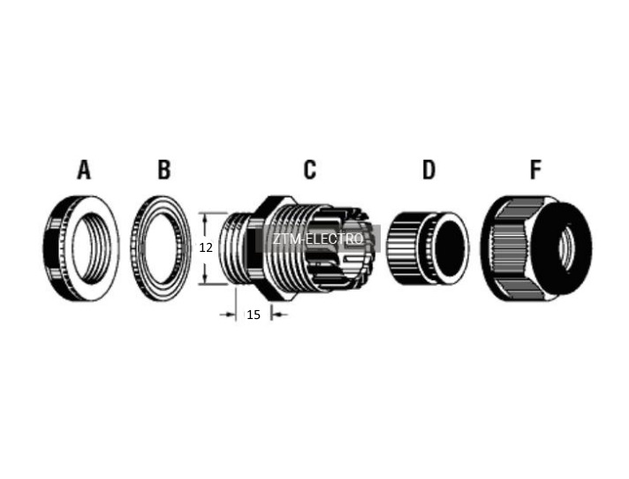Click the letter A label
[x=84, y=170]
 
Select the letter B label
[x=164, y=170]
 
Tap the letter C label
[x=310, y=170]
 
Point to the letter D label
[x=428, y=170]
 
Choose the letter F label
[x=536, y=170]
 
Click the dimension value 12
[x=206, y=248]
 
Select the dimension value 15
[x=254, y=315]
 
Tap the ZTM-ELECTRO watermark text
[x=318, y=239]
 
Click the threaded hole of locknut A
[x=92, y=248]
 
